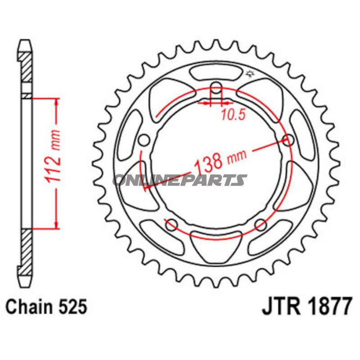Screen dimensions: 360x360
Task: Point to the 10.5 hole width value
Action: click(233, 115)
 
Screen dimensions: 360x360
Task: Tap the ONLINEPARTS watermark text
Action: click(180, 180)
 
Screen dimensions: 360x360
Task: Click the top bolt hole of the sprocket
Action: click(216, 87)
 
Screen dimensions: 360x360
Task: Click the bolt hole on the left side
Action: click(144, 140)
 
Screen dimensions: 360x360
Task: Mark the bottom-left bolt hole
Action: click(171, 223)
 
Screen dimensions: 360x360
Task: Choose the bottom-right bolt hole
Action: click(260, 224)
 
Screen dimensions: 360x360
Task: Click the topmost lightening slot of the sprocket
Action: click(216, 72)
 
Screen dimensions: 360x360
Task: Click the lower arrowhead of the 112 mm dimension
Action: click(56, 225)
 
